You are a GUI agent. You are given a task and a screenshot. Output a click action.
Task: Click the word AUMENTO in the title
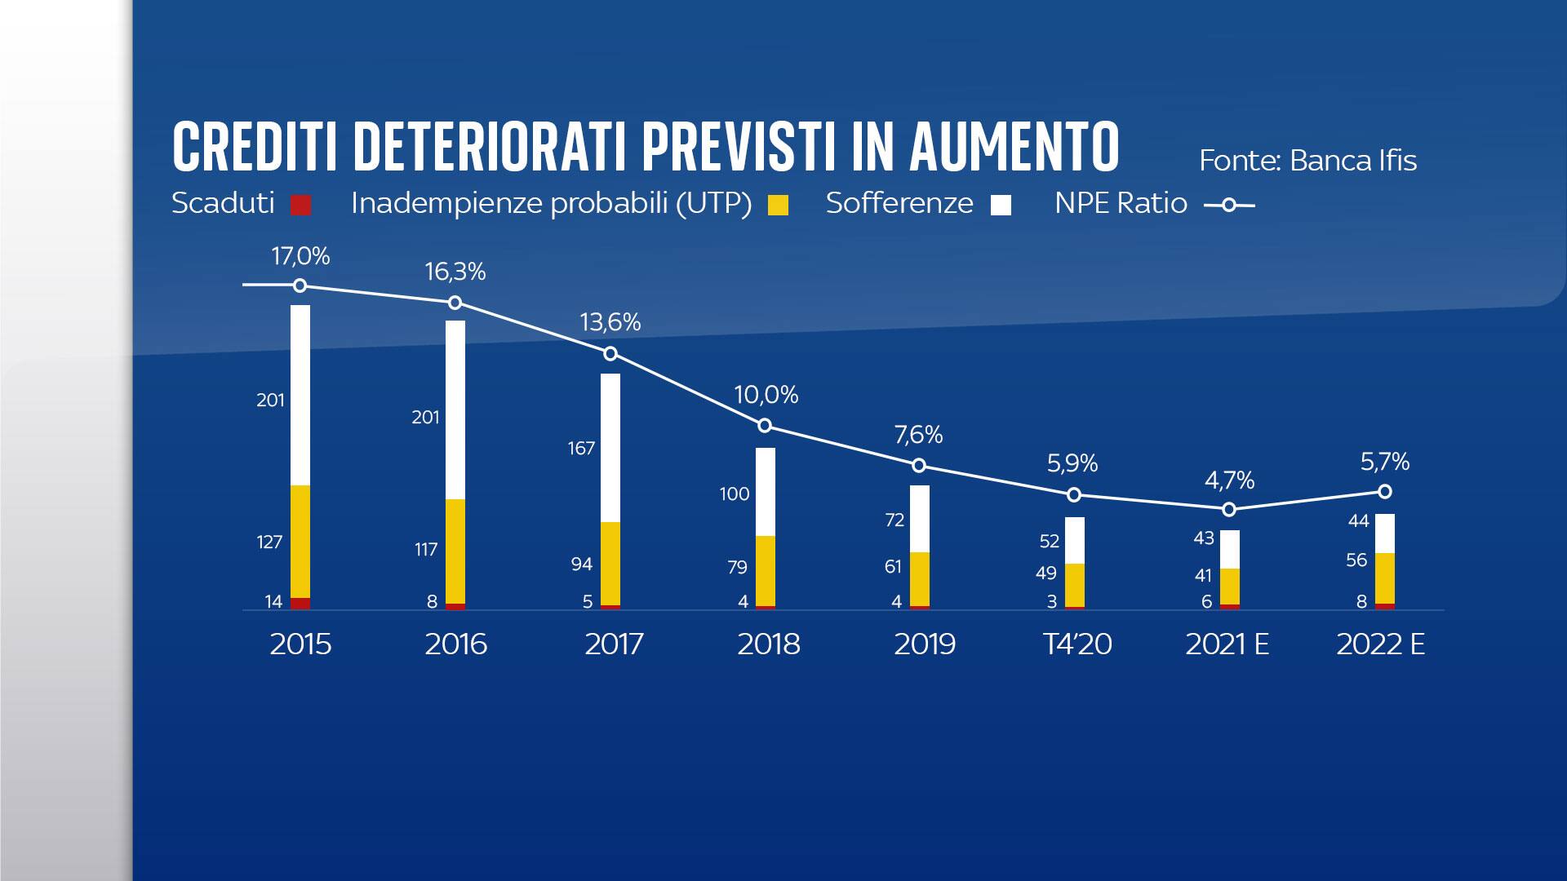click(x=1014, y=147)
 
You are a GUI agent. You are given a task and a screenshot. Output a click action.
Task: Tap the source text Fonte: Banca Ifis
click(x=1307, y=161)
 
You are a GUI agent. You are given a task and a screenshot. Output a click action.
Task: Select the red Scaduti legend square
click(x=301, y=205)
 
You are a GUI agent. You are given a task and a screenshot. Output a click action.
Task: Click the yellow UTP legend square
click(x=779, y=205)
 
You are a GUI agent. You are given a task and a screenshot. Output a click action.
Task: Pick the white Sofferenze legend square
click(x=1001, y=205)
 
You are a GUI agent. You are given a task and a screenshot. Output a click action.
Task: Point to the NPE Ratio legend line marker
click(x=1229, y=206)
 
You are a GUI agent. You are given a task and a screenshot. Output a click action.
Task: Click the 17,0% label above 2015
click(x=300, y=257)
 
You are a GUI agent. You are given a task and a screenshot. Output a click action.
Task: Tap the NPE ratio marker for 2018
click(x=765, y=426)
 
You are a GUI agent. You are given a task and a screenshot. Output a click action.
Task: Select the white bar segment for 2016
click(x=455, y=410)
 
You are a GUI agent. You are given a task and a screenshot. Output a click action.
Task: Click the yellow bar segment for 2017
click(x=610, y=563)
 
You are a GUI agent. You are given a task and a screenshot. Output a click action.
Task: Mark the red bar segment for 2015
click(x=300, y=604)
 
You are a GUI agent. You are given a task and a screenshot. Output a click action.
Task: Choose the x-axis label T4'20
click(x=1077, y=644)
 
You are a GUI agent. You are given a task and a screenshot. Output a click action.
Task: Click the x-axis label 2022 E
click(x=1380, y=644)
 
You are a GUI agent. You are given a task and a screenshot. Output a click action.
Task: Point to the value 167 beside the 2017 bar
click(x=581, y=449)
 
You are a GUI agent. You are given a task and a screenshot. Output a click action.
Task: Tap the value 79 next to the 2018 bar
click(x=737, y=568)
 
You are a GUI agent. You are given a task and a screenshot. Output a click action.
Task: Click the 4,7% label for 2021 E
click(x=1229, y=480)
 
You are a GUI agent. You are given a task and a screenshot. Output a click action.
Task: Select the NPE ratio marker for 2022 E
click(x=1385, y=492)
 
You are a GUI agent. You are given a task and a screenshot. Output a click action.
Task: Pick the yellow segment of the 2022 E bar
click(x=1385, y=578)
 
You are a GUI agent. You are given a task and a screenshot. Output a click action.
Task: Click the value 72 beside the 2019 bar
click(x=894, y=520)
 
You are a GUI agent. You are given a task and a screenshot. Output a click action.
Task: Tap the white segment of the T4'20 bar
click(x=1075, y=540)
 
